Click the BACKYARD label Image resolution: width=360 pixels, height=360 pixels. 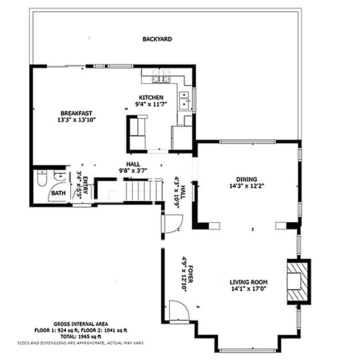click(x=157, y=39)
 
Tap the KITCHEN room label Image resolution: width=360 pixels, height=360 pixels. click(x=151, y=97)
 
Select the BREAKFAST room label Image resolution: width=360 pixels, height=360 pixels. click(x=76, y=113)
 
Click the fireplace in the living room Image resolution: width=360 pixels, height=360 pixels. click(x=298, y=282)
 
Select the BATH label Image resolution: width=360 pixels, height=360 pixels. click(x=58, y=193)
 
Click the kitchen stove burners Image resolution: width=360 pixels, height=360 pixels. click(x=160, y=72)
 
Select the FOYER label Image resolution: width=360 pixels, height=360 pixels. click(x=190, y=273)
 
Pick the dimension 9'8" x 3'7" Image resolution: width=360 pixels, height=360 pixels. click(x=133, y=170)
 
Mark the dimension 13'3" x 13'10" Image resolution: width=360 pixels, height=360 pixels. click(x=76, y=120)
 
